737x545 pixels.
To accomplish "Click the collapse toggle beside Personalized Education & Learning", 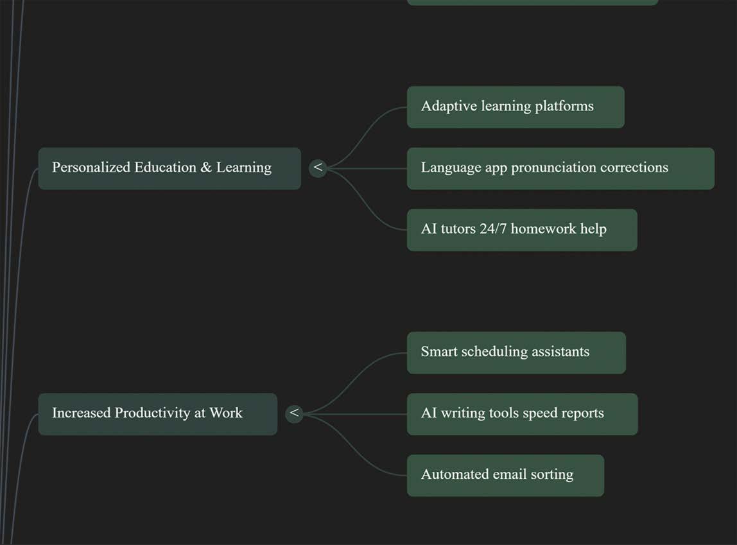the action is (318, 168).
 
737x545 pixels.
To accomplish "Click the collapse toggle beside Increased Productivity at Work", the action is (294, 413).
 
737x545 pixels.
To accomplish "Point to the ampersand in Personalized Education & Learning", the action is (206, 168).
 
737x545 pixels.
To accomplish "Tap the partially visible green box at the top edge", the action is (532, 2).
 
